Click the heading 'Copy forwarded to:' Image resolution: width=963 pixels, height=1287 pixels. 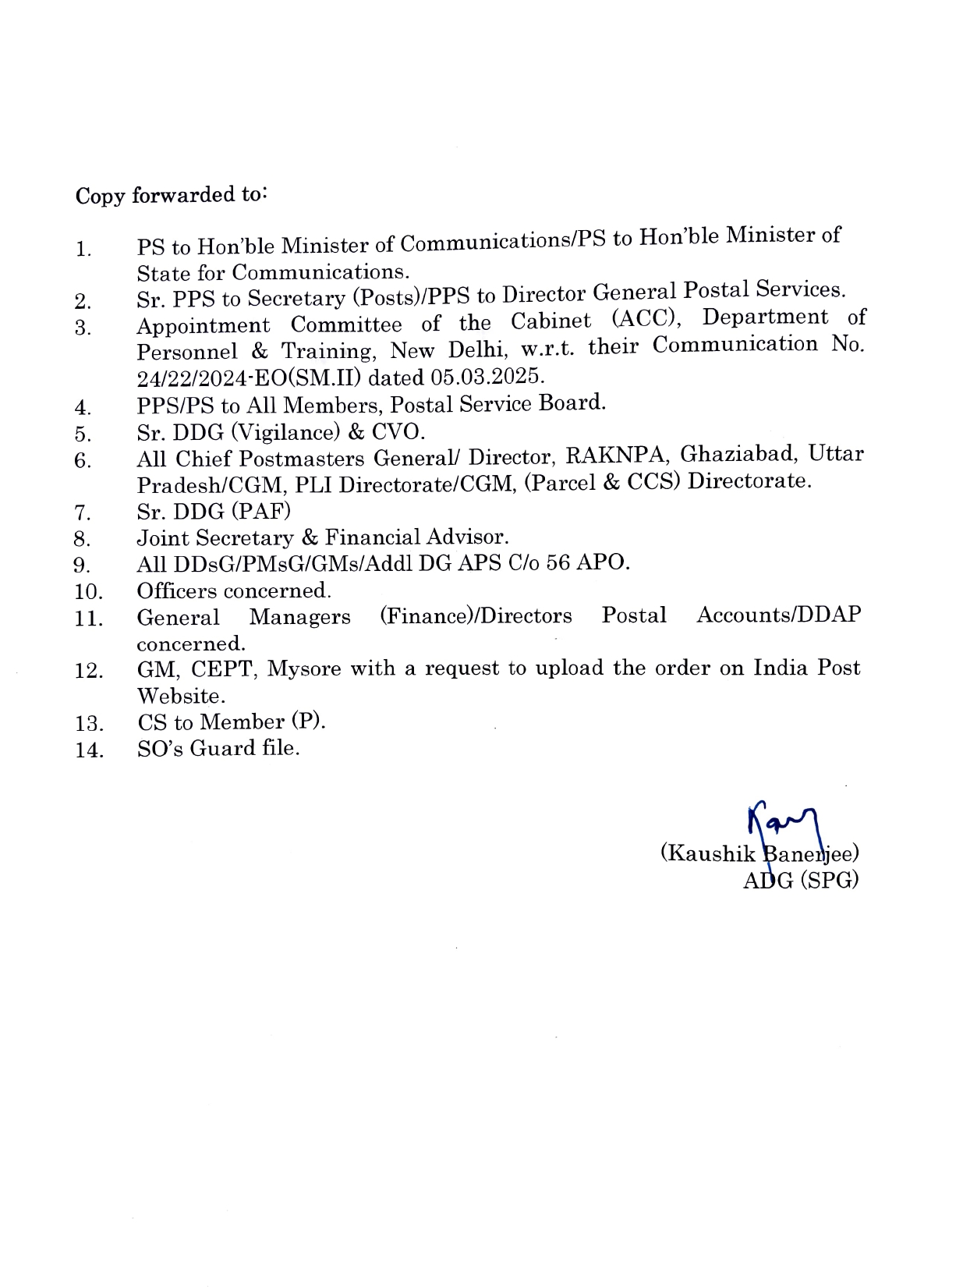point(172,195)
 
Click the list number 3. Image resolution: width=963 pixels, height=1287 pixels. point(83,328)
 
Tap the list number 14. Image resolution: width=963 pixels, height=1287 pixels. point(89,750)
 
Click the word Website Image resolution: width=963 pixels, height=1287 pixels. point(181,696)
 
